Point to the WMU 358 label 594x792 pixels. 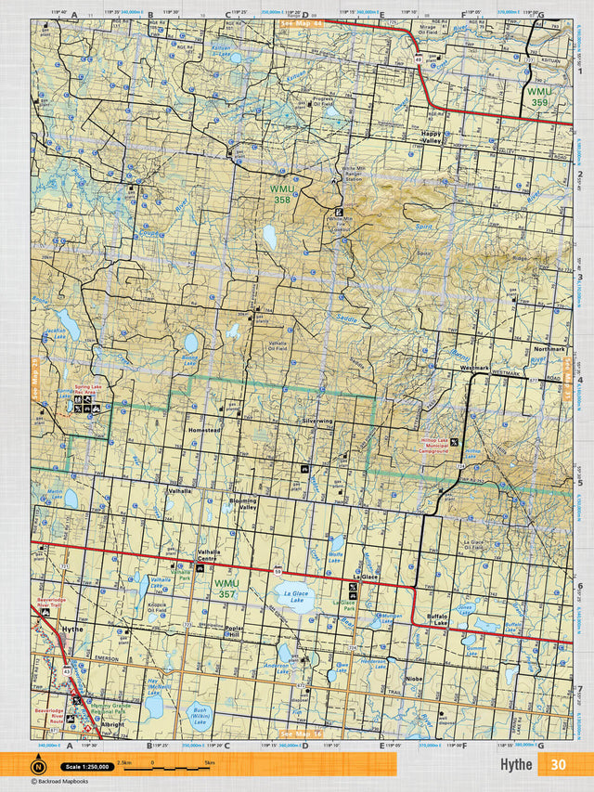click(281, 193)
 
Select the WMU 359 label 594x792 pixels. click(539, 97)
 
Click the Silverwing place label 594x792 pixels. click(316, 421)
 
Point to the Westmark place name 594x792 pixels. click(473, 369)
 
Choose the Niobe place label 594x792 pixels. click(414, 679)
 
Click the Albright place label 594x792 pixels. click(114, 723)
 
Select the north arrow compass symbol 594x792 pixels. click(38, 766)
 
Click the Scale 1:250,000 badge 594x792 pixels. click(87, 767)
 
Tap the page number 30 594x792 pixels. click(557, 764)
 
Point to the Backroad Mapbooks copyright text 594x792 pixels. click(66, 783)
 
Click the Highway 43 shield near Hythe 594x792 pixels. click(65, 669)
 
